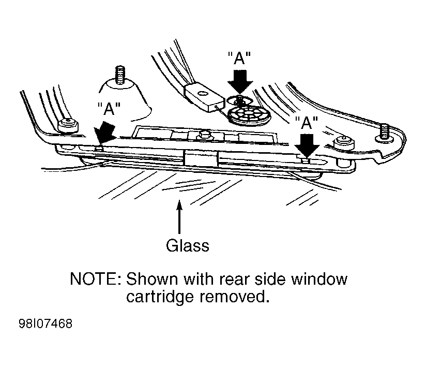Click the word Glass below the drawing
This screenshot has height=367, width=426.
[x=188, y=245]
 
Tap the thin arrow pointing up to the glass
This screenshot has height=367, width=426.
[x=179, y=216]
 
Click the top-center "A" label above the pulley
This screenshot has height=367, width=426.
[x=239, y=57]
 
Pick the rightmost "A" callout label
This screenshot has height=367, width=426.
[x=307, y=123]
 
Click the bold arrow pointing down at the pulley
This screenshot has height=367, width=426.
[x=240, y=82]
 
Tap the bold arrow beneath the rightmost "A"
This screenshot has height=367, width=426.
[x=307, y=146]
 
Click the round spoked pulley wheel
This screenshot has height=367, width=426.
[x=249, y=115]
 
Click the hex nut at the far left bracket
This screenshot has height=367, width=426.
[x=68, y=125]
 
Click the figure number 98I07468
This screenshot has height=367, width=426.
[x=45, y=324]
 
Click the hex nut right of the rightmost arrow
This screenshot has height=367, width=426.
[x=344, y=144]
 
